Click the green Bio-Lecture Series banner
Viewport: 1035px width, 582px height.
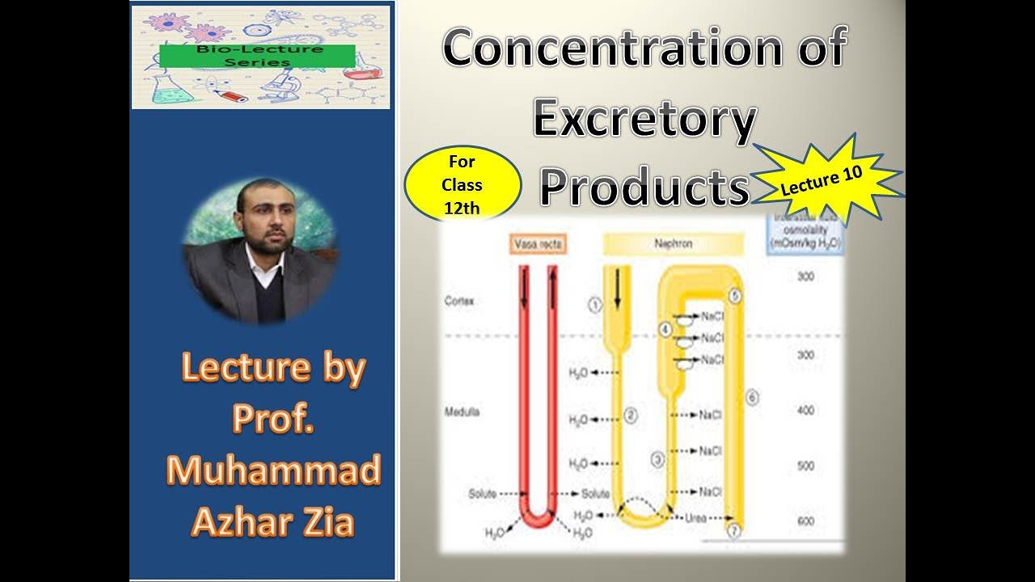coord(257,56)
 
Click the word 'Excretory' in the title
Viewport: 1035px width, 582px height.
coord(644,120)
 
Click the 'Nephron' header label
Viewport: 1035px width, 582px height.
coord(673,242)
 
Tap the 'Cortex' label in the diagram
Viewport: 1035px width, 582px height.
coord(459,301)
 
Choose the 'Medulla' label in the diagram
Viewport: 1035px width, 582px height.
coord(462,411)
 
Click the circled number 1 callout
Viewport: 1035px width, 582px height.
coord(595,305)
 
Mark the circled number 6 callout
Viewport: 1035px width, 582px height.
coord(751,397)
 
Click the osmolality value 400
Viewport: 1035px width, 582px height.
coord(805,411)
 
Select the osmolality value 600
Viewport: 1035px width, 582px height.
coord(805,521)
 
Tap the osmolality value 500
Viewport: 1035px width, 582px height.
coord(805,466)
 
